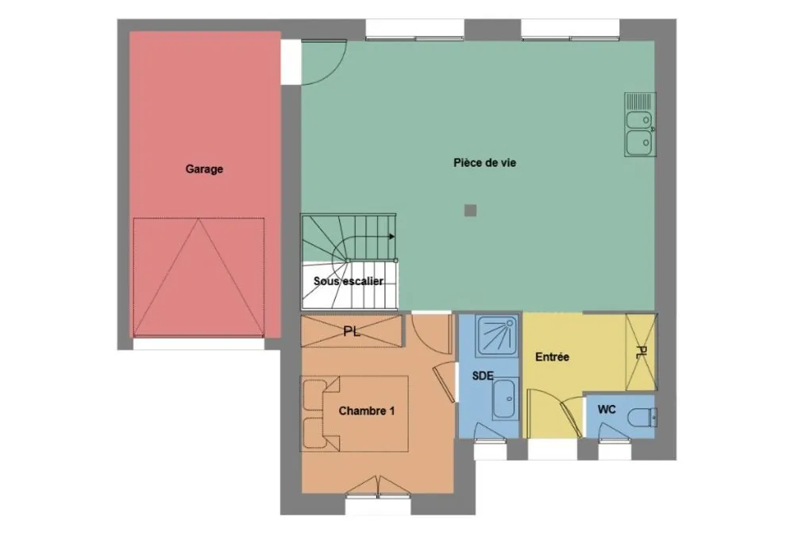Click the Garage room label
click(x=204, y=169)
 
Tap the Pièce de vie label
click(x=484, y=163)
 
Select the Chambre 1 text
click(x=367, y=411)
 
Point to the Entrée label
click(x=552, y=357)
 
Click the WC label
click(x=606, y=409)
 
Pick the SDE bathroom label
click(x=483, y=376)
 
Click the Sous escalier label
click(x=349, y=281)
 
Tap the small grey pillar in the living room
click(x=470, y=210)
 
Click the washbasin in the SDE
click(x=505, y=399)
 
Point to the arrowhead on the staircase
click(x=392, y=236)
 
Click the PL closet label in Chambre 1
click(x=352, y=332)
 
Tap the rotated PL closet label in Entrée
click(x=641, y=353)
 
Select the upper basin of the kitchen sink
click(x=639, y=120)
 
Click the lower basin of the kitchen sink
click(x=639, y=142)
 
